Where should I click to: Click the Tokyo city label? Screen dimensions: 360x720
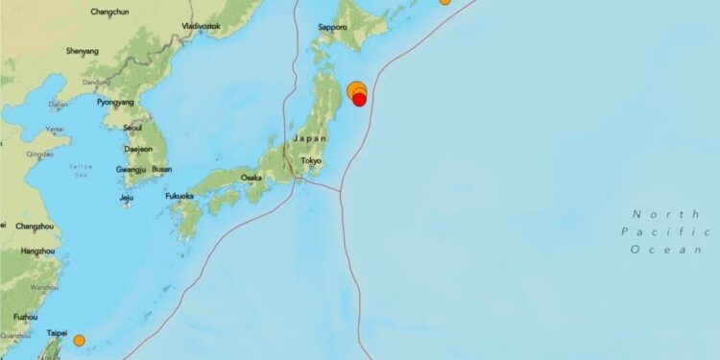coord(309,161)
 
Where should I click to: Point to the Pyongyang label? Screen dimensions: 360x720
coord(113,102)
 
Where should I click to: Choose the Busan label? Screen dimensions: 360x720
coord(162,169)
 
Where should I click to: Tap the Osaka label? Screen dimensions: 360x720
coord(252,178)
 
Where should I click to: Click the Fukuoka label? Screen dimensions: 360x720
coord(179,196)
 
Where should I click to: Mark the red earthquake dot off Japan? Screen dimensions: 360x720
coord(359,99)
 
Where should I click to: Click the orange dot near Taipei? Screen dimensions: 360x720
coord(79,340)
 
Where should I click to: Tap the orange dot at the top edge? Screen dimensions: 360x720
coord(444,2)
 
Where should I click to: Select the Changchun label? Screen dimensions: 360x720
coord(109,12)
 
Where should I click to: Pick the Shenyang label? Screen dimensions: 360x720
coord(82,50)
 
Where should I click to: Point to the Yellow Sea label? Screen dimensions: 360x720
coord(82,172)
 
